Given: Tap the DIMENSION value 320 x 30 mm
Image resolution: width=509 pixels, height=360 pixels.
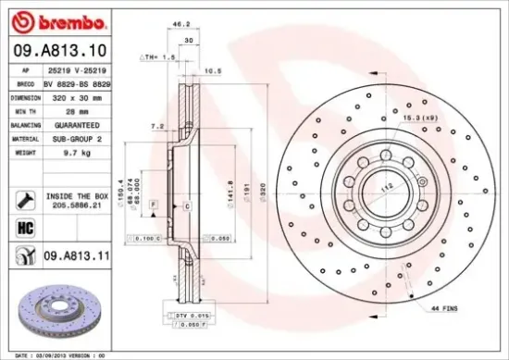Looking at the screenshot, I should pyautogui.click(x=75, y=96).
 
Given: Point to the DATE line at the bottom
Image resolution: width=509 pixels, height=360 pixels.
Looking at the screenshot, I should pyautogui.click(x=56, y=354).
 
